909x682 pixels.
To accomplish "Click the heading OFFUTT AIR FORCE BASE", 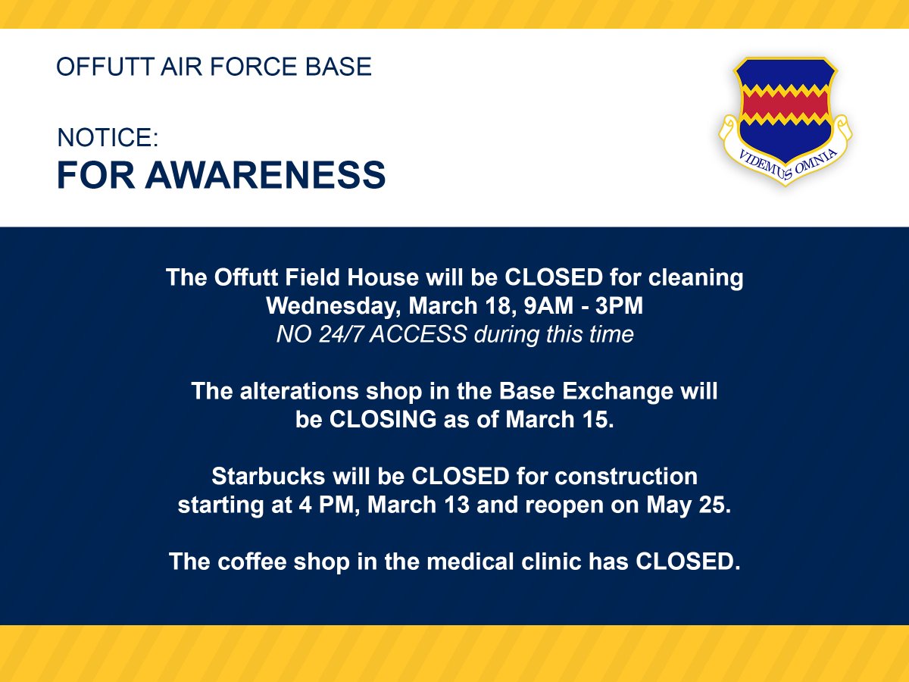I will coord(214,67).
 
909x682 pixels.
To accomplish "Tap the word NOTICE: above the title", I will coord(108,138).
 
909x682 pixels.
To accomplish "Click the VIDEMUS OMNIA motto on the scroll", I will coord(786,161).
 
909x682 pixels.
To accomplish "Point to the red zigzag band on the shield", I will coord(785,105).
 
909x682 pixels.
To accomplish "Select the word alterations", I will coord(297,391).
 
